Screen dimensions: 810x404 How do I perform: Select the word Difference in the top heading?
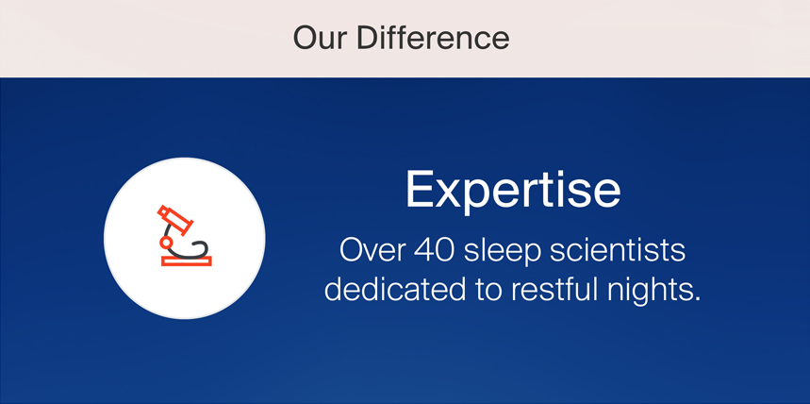click(434, 38)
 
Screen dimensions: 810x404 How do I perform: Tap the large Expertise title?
click(513, 191)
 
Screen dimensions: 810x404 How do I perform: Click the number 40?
click(434, 250)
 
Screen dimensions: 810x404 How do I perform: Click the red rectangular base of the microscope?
click(187, 261)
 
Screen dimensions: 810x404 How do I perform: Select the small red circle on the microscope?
click(166, 242)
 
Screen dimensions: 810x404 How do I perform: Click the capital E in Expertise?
click(420, 189)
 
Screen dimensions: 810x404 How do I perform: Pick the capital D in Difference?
click(368, 38)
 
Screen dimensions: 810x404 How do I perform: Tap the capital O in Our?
click(306, 38)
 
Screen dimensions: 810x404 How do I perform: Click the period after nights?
click(695, 300)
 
